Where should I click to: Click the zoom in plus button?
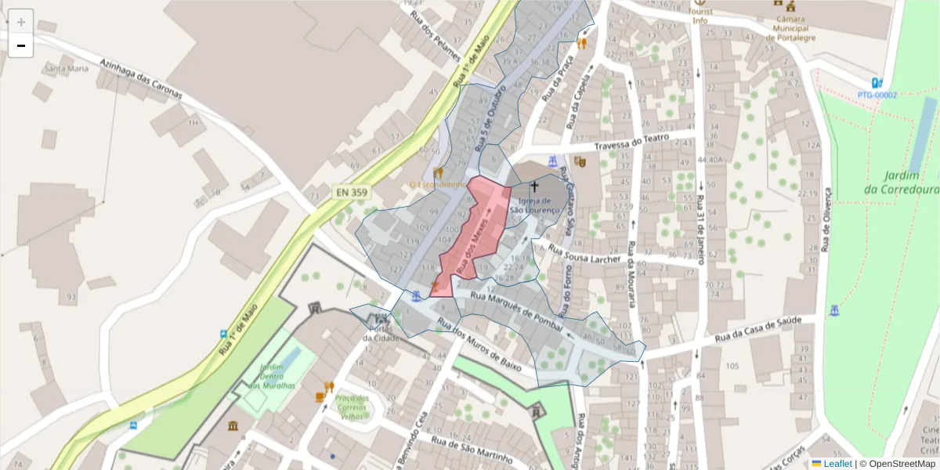point(21,22)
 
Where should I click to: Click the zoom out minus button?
point(21,45)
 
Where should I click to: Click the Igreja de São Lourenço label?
point(535,205)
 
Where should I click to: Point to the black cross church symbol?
point(535,187)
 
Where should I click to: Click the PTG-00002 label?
point(877,95)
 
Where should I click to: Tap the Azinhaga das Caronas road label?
point(141,78)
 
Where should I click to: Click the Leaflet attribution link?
point(837,464)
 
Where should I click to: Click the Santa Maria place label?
point(67,69)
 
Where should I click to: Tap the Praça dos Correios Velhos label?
point(351,407)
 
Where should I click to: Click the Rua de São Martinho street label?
point(475,448)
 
